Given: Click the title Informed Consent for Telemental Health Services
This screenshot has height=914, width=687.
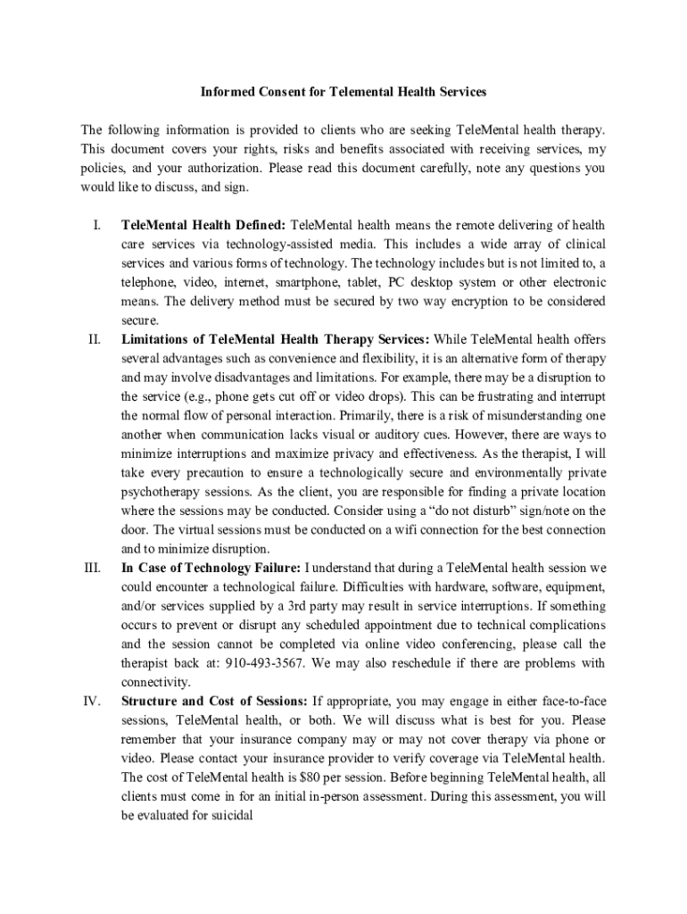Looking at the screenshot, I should click(x=343, y=92).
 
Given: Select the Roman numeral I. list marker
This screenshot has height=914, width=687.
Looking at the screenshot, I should click(x=98, y=225).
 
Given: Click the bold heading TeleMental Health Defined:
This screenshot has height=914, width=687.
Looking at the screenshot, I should click(x=203, y=225).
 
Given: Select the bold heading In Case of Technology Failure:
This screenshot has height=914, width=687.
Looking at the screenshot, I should click(x=211, y=568).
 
